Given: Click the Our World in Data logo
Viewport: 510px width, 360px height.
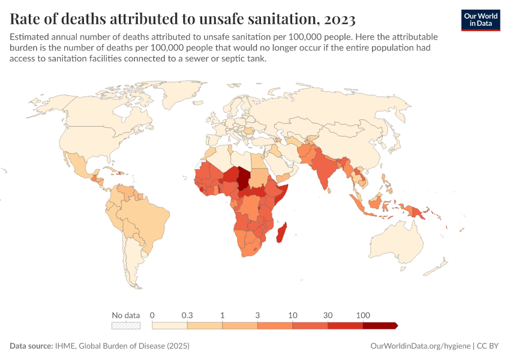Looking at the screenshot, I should click(x=481, y=19).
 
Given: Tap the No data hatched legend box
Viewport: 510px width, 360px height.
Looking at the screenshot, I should click(x=126, y=325).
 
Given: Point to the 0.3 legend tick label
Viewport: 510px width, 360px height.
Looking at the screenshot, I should click(x=187, y=315).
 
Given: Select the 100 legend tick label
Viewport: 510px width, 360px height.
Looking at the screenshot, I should click(x=363, y=315).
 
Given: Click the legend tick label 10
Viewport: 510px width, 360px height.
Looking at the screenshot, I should click(x=293, y=315).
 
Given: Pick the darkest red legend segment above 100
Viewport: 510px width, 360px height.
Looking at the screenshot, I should click(x=379, y=325).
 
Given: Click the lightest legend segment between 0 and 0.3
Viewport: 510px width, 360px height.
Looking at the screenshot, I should click(x=170, y=325).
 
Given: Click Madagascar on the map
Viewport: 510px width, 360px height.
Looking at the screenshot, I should click(x=281, y=233).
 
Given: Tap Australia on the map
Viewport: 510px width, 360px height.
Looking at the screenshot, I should click(x=400, y=243).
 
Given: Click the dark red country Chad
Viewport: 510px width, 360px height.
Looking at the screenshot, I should click(x=244, y=178).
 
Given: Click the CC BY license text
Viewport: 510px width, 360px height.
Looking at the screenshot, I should click(x=488, y=346).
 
